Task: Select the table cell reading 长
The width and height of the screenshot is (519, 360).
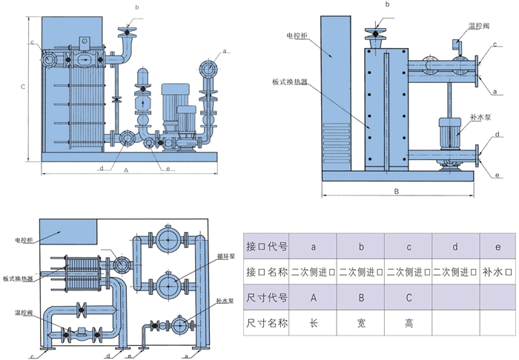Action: (x=314, y=323)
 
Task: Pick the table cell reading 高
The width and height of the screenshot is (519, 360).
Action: (x=409, y=323)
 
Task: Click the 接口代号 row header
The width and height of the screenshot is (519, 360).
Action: (x=267, y=244)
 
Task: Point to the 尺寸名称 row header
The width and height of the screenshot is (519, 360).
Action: (x=267, y=323)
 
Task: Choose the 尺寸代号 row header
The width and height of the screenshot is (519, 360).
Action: (x=267, y=298)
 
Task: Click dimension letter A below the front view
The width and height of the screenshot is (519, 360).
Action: (x=127, y=170)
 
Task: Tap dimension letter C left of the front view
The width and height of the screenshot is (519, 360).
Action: (x=23, y=87)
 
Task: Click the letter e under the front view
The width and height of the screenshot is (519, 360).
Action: (x=169, y=168)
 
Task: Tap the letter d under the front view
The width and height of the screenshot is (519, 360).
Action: (x=101, y=168)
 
